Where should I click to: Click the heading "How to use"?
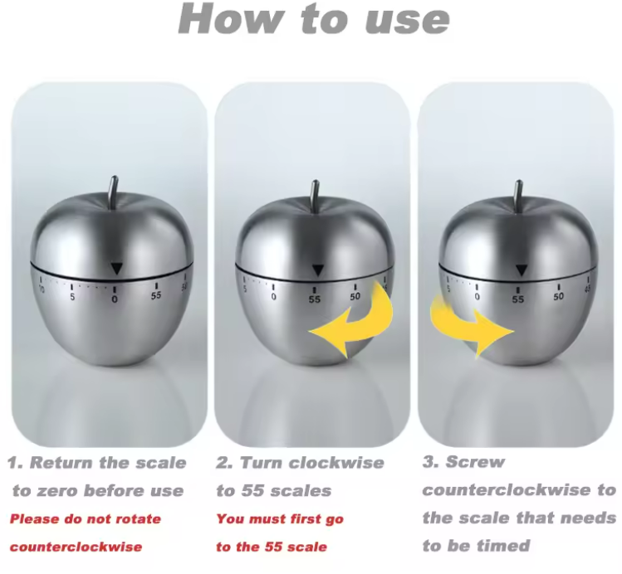click(x=314, y=20)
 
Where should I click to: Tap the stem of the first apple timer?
click(x=115, y=192)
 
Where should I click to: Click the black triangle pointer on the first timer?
click(x=116, y=267)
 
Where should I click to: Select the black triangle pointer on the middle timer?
click(x=316, y=270)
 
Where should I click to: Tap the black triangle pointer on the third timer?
click(x=520, y=269)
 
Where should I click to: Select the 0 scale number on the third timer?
click(x=477, y=296)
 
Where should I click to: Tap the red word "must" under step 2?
click(x=267, y=520)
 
